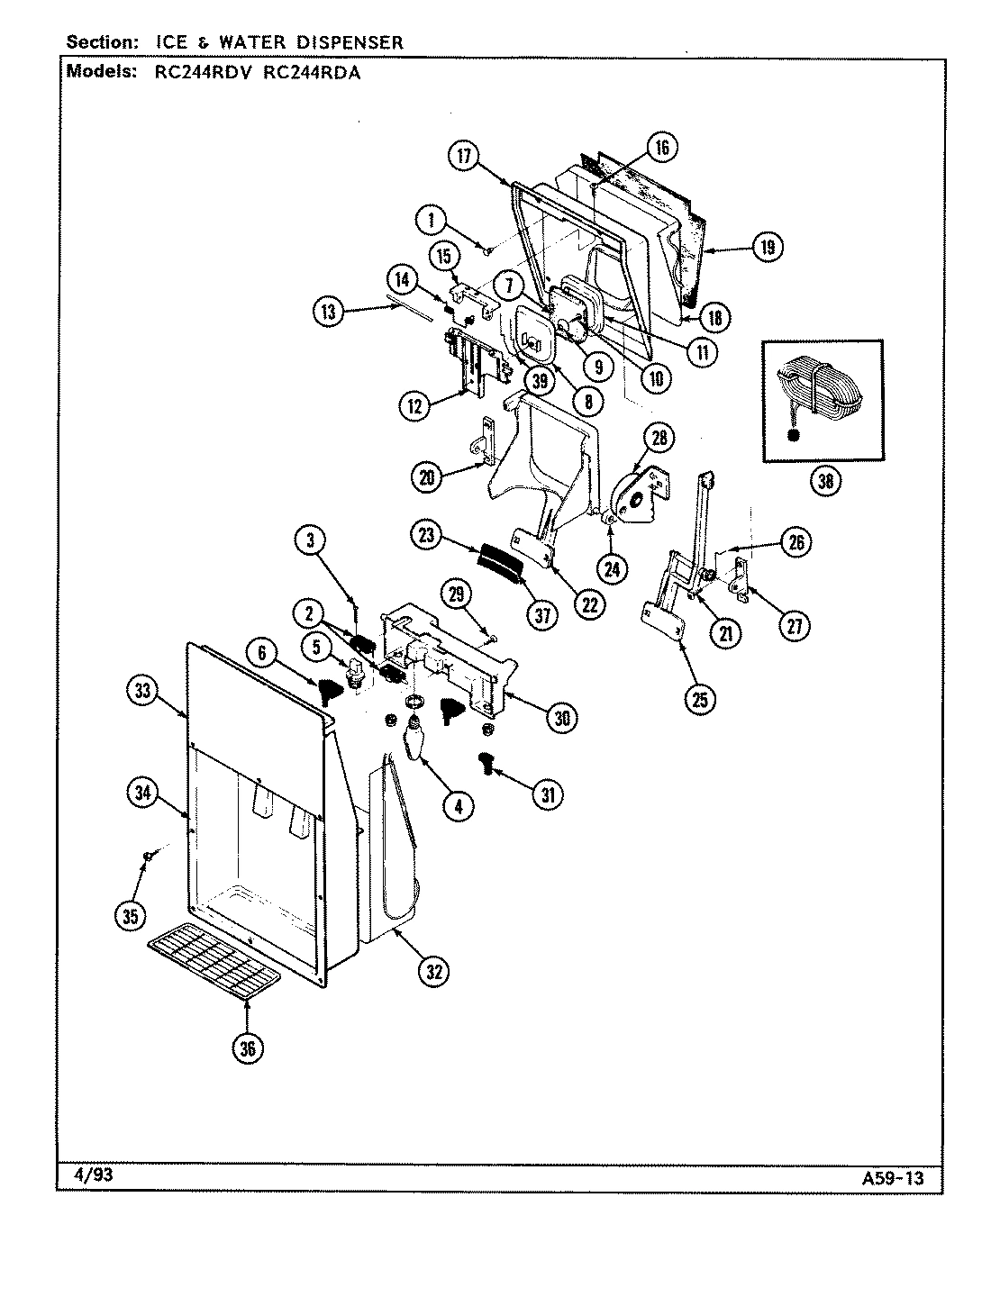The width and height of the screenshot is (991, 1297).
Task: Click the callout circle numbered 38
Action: pyautogui.click(x=823, y=482)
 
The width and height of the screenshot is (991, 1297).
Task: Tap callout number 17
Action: pyautogui.click(x=463, y=155)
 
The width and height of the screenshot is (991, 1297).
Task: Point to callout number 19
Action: pyautogui.click(x=766, y=247)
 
